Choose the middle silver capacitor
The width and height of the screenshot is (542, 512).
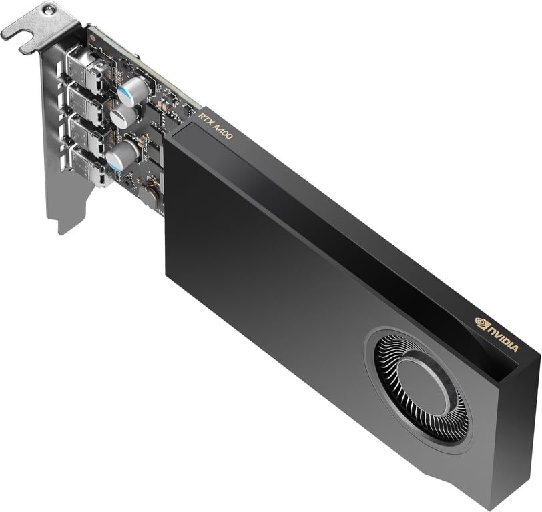pos(124,117)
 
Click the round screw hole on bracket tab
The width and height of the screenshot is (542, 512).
pos(49,9)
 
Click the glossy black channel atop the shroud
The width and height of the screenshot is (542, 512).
pos(334,220)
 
